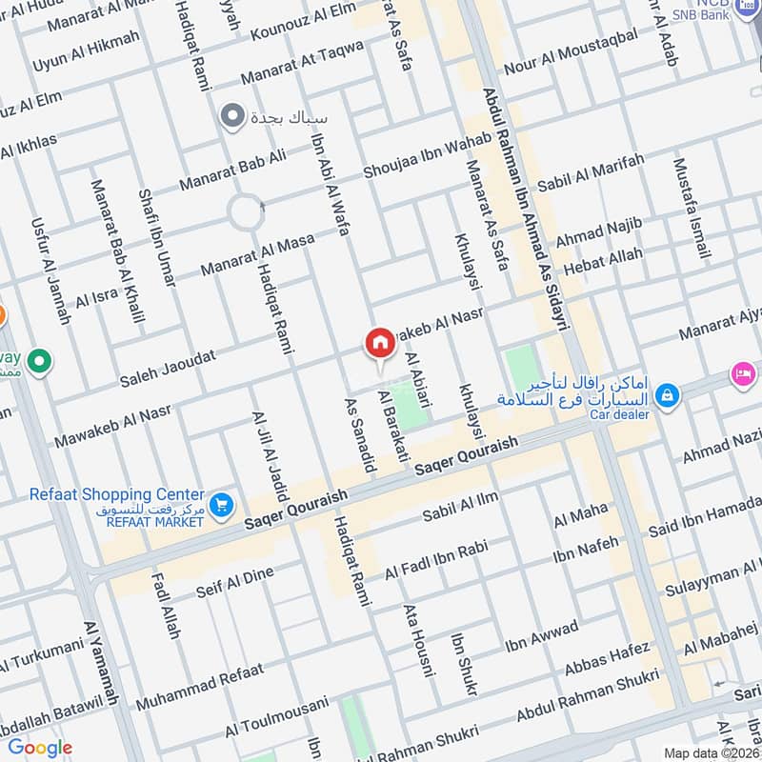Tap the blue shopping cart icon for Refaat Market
[x=222, y=505]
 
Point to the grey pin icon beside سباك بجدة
[x=231, y=117]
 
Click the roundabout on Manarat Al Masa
[x=247, y=211]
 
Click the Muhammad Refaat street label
[x=198, y=687]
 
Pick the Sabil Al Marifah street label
[x=591, y=171]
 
